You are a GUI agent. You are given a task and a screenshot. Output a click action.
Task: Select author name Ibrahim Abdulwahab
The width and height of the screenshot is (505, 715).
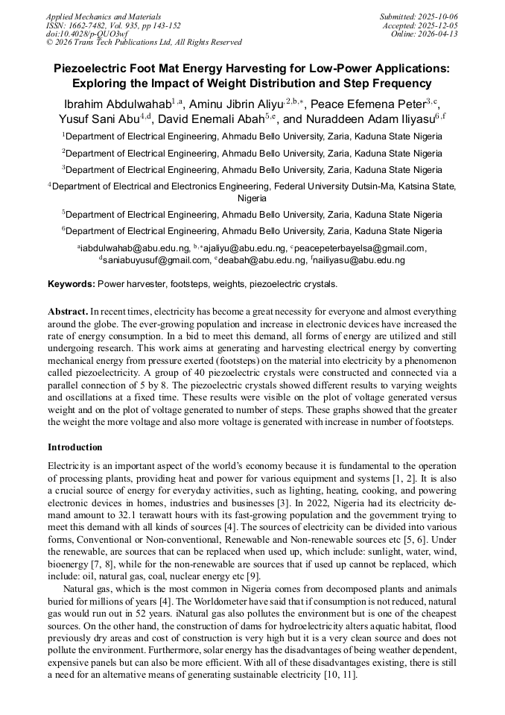(x=118, y=104)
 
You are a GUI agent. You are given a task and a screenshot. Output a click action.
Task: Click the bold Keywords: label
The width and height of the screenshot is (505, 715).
(x=72, y=284)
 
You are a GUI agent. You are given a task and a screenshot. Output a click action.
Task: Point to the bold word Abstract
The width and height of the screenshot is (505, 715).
(x=67, y=311)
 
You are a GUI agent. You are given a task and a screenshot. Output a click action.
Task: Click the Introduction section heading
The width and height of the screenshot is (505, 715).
(x=75, y=447)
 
